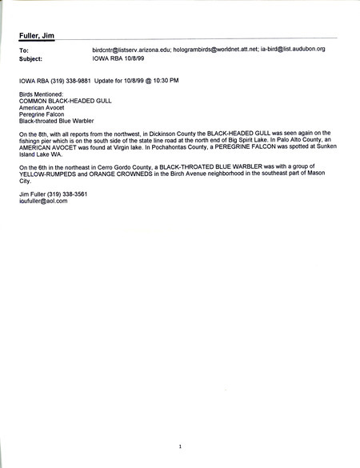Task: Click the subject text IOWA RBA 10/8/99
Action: [120, 58]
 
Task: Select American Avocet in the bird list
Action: [42, 110]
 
